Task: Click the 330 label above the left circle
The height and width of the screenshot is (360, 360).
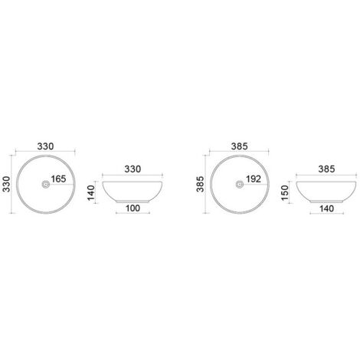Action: pyautogui.click(x=45, y=146)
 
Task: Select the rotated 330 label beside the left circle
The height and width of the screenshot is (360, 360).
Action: pyautogui.click(x=6, y=184)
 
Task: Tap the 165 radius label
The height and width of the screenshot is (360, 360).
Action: pyautogui.click(x=58, y=179)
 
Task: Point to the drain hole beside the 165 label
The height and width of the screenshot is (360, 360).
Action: pyautogui.click(x=45, y=184)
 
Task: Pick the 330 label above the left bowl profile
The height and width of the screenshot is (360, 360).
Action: pyautogui.click(x=133, y=169)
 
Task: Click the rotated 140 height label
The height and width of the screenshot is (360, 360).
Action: pyautogui.click(x=91, y=193)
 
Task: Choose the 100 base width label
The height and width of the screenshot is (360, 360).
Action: pyautogui.click(x=133, y=208)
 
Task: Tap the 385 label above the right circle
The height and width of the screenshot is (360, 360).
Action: pyautogui.click(x=240, y=146)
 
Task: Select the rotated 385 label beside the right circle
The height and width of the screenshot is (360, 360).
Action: pyautogui.click(x=200, y=184)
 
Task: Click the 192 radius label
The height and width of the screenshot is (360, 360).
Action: pyautogui.click(x=254, y=179)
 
